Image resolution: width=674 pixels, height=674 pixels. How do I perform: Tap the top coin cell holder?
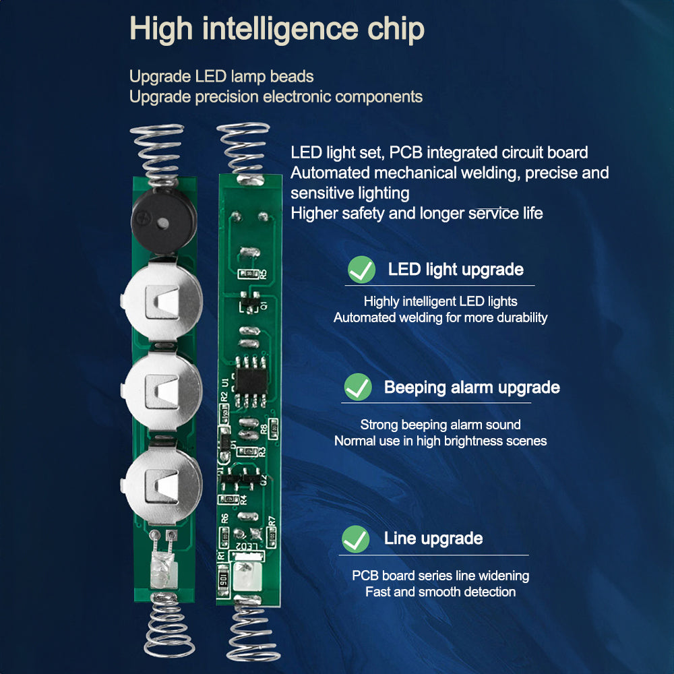pyautogui.click(x=162, y=301)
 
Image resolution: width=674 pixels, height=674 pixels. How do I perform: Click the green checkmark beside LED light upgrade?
pyautogui.click(x=361, y=270)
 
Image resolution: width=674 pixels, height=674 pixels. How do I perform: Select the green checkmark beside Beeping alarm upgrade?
pyautogui.click(x=357, y=388)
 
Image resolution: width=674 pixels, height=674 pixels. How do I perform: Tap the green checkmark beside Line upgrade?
pyautogui.click(x=355, y=539)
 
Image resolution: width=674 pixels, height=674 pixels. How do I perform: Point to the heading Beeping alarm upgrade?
pyautogui.click(x=471, y=388)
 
